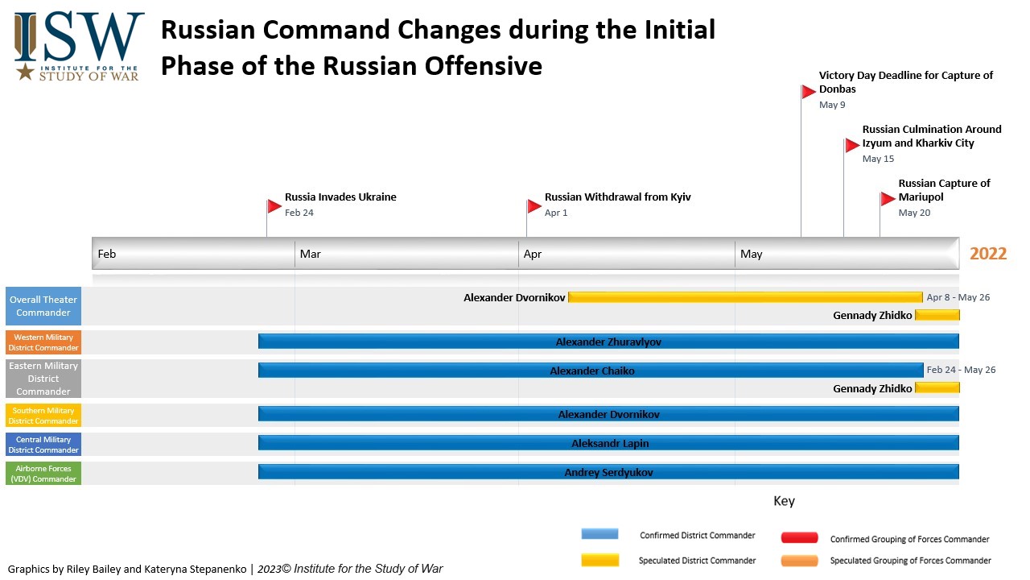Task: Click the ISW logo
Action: click(79, 46)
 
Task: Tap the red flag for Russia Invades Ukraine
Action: click(274, 206)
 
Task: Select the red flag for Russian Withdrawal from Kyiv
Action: click(534, 206)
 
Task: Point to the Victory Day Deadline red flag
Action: click(809, 92)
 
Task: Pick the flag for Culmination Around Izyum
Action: click(852, 146)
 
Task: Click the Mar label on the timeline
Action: click(310, 254)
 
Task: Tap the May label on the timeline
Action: click(751, 254)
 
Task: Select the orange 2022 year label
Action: click(988, 254)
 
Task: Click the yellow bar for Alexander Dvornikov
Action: click(744, 297)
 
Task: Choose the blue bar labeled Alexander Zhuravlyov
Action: click(608, 342)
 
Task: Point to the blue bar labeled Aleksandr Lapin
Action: click(608, 443)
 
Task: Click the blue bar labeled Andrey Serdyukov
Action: click(608, 472)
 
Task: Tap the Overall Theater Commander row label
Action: click(43, 306)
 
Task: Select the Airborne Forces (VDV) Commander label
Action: click(43, 474)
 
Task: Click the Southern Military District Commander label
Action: click(43, 416)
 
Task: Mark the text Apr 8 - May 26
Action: click(958, 297)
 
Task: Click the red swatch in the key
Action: click(799, 538)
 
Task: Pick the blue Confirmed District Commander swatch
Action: click(599, 534)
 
